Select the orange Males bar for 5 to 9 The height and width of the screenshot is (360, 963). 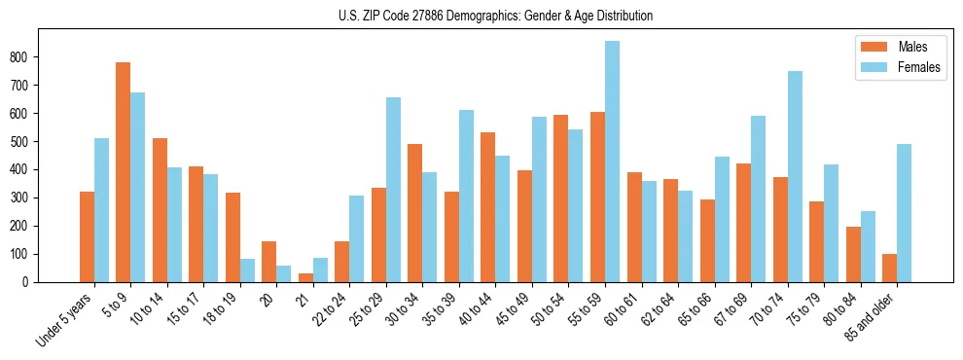point(124,172)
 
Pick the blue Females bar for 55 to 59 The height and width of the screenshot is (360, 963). point(612,162)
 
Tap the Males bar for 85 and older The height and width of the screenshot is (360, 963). point(889,268)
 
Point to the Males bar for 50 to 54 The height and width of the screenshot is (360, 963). point(561,198)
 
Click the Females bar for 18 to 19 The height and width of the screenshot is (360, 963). point(247,270)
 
